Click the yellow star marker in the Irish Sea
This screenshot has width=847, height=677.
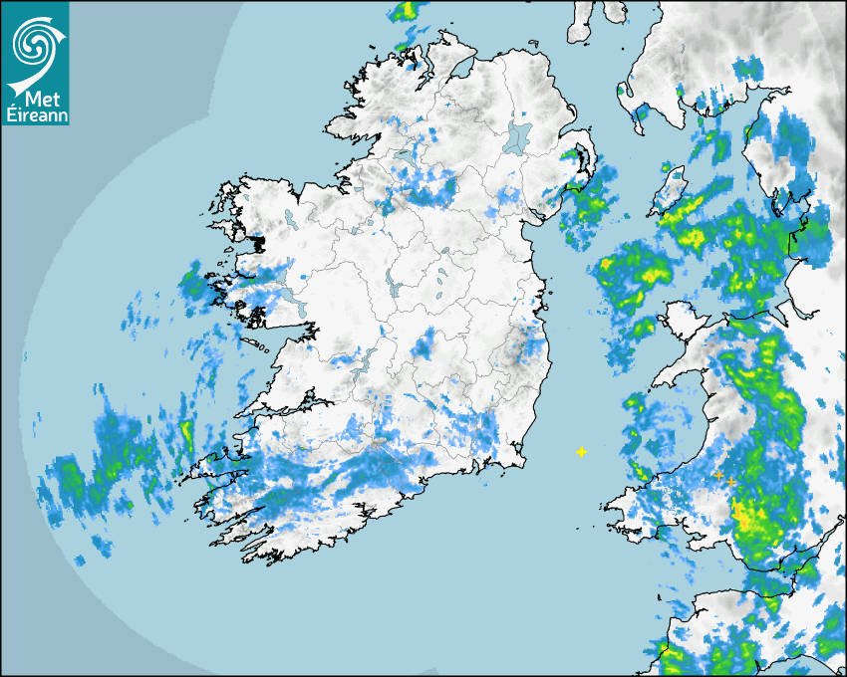(581, 452)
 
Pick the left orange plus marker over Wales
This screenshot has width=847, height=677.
(717, 476)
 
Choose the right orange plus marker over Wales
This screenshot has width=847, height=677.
(731, 482)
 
